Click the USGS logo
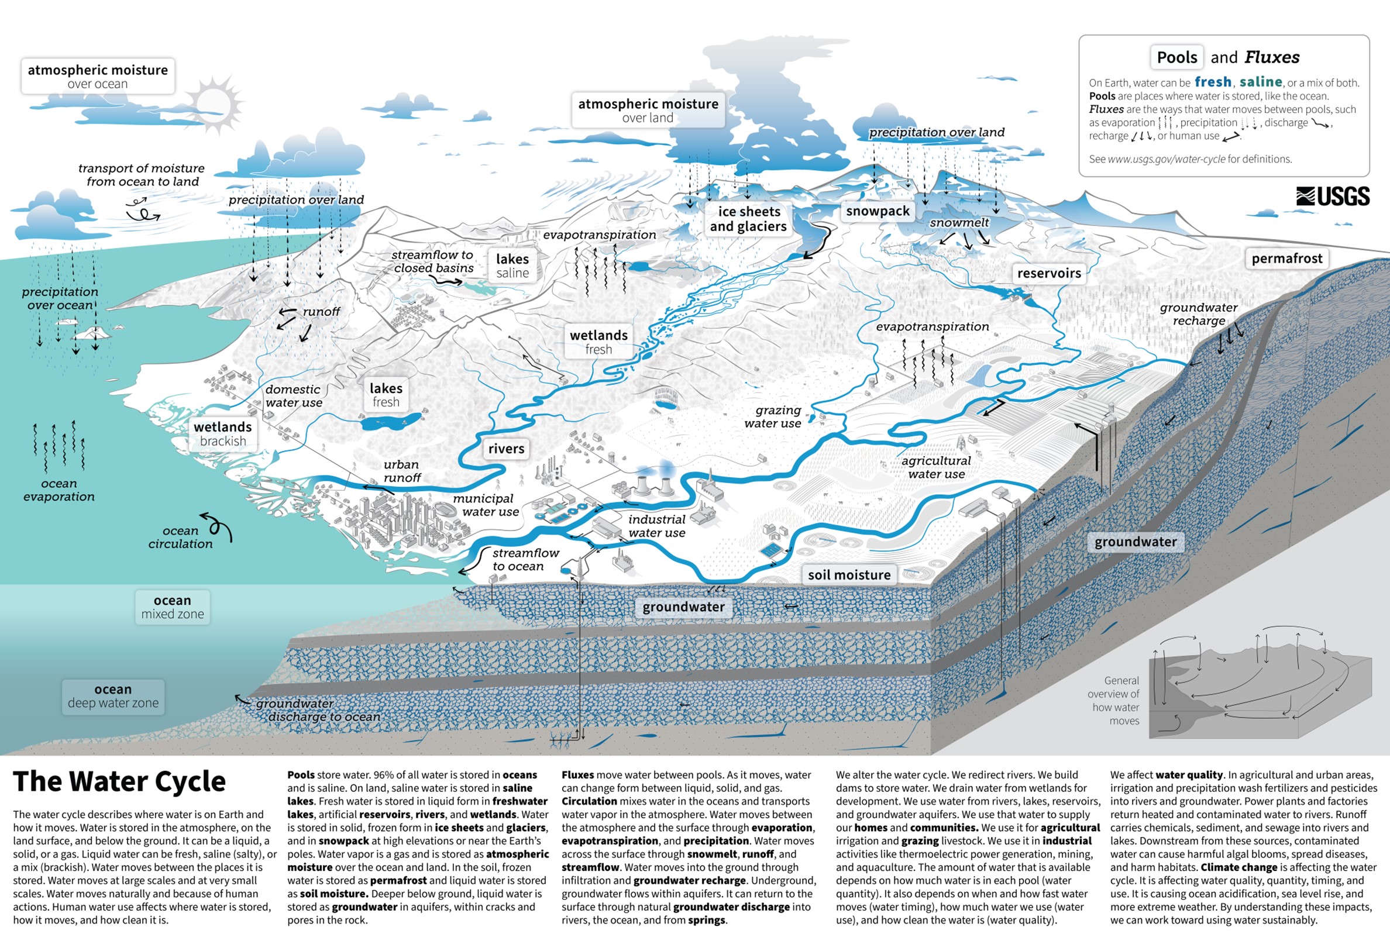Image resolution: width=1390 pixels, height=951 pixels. (1333, 196)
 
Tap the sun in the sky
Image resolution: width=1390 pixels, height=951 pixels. (213, 102)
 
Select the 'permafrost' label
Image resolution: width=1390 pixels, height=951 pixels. (1286, 259)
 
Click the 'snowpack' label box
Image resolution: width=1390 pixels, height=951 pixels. (878, 211)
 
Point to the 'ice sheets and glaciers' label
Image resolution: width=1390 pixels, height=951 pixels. (748, 219)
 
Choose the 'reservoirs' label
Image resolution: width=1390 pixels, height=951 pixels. (1048, 273)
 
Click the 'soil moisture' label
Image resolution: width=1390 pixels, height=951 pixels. (849, 575)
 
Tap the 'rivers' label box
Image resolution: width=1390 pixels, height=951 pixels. (506, 449)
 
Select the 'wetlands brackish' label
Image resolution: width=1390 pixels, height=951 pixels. (222, 433)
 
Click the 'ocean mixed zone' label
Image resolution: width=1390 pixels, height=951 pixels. (172, 607)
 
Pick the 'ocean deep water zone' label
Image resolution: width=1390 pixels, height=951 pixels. (113, 696)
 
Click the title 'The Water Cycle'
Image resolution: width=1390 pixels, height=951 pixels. (119, 781)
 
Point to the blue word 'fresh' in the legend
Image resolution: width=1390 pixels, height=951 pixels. (1213, 82)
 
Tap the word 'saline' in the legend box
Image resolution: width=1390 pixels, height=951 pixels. (1260, 82)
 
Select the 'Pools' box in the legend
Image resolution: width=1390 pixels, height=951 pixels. (1176, 57)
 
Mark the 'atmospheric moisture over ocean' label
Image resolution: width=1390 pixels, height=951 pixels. (98, 76)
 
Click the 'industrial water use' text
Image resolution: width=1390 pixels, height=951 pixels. (657, 526)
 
